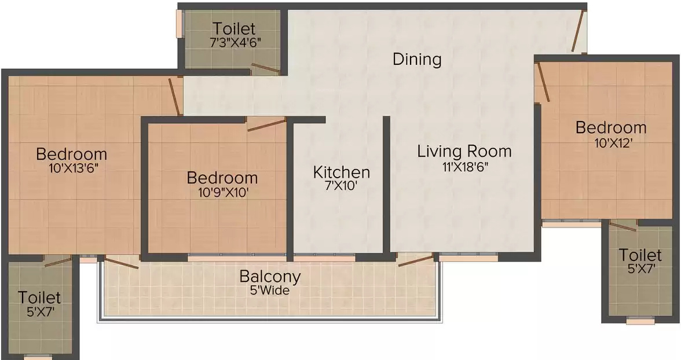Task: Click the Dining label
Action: [417, 59]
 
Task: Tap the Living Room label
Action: [464, 152]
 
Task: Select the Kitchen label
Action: [342, 172]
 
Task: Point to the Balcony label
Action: [270, 277]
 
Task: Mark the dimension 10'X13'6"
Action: [71, 168]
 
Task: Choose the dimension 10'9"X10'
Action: [223, 192]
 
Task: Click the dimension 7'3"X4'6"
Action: [235, 43]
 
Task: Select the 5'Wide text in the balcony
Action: [270, 291]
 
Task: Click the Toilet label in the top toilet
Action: [234, 29]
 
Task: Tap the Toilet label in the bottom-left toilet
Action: [39, 298]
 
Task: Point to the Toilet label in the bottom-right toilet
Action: [640, 255]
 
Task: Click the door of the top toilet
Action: [266, 67]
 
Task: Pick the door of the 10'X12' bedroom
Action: [543, 82]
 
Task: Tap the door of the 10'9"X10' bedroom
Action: [266, 124]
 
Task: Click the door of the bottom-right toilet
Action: [623, 225]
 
